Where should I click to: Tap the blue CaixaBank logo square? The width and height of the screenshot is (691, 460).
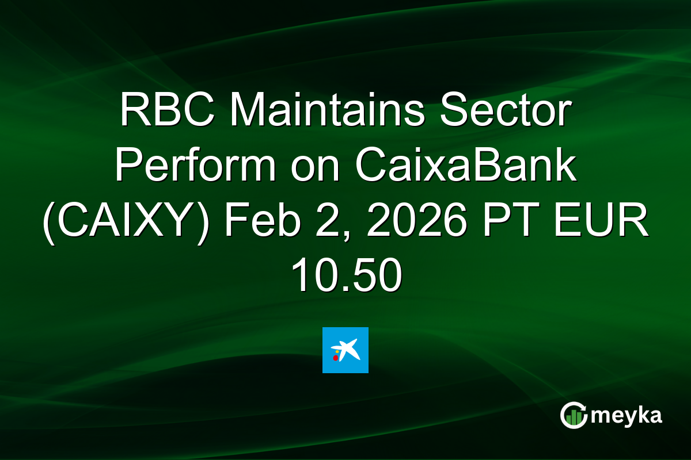click(x=345, y=350)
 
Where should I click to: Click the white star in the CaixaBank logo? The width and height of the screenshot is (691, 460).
click(x=348, y=348)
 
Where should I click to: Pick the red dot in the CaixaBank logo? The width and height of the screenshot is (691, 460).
click(x=336, y=358)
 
